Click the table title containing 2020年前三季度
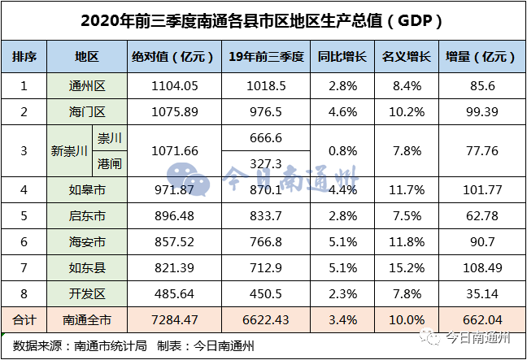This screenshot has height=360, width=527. pyautogui.click(x=263, y=20)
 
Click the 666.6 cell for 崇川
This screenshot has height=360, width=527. pyautogui.click(x=267, y=138)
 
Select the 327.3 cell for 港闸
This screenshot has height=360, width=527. pyautogui.click(x=267, y=163)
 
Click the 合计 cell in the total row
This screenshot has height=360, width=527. pyautogui.click(x=24, y=320)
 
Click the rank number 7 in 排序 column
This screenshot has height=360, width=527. pyautogui.click(x=24, y=268)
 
